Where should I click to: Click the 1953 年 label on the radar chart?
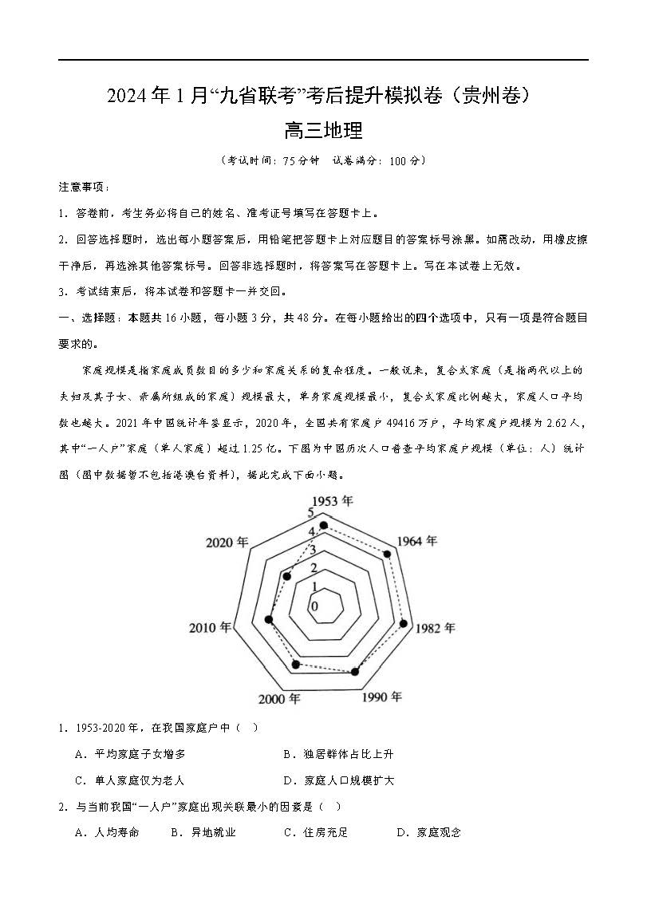pyautogui.click(x=332, y=500)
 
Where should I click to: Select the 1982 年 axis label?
pyautogui.click(x=435, y=628)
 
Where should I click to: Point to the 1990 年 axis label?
pyautogui.click(x=381, y=697)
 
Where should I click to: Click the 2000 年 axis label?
pyautogui.click(x=279, y=699)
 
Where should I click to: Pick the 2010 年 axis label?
pyautogui.click(x=211, y=627)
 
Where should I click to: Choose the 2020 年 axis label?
pyautogui.click(x=227, y=543)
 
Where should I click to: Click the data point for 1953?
pyautogui.click(x=323, y=525)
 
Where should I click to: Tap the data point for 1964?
pyautogui.click(x=389, y=554)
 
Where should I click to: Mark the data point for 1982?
pyautogui.click(x=404, y=624)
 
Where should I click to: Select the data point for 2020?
pyautogui.click(x=287, y=575)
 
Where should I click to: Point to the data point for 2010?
pyautogui.click(x=269, y=619)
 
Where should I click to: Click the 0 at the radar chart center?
pyautogui.click(x=314, y=606)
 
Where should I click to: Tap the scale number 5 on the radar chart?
pyautogui.click(x=310, y=511)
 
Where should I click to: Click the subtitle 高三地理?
pyautogui.click(x=323, y=130)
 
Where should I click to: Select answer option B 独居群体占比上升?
pyautogui.click(x=338, y=754)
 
